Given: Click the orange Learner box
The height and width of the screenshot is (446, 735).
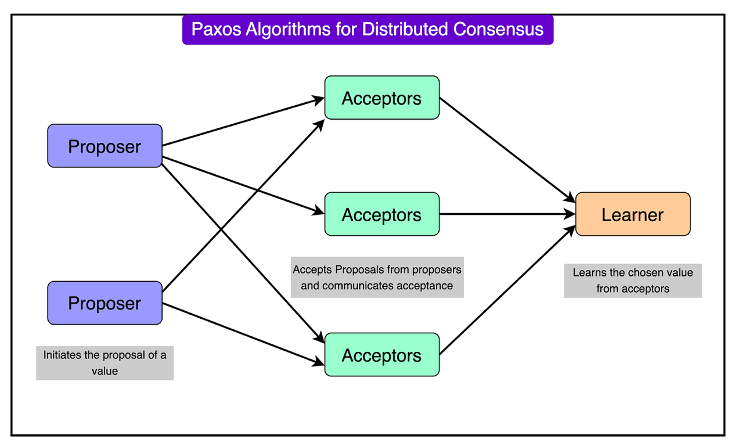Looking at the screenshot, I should [632, 214].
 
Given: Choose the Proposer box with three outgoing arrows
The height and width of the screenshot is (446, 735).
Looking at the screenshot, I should [105, 146].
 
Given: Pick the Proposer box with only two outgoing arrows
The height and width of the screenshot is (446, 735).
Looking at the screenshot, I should [105, 303].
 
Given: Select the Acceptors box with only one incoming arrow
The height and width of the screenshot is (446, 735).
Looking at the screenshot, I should [381, 214].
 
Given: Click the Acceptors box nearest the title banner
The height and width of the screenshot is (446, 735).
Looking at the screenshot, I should [381, 98].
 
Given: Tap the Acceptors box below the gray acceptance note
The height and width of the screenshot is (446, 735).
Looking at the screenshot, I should [381, 355].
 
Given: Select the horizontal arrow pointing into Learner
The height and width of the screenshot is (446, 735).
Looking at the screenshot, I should [505, 214].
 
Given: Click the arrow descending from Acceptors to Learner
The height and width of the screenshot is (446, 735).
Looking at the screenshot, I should [505, 148].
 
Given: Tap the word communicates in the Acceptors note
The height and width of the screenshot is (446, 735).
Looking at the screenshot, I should [357, 286].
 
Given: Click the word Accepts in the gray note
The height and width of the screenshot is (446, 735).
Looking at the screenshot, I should [312, 269].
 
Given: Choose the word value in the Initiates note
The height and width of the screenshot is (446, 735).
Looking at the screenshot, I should [105, 371].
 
